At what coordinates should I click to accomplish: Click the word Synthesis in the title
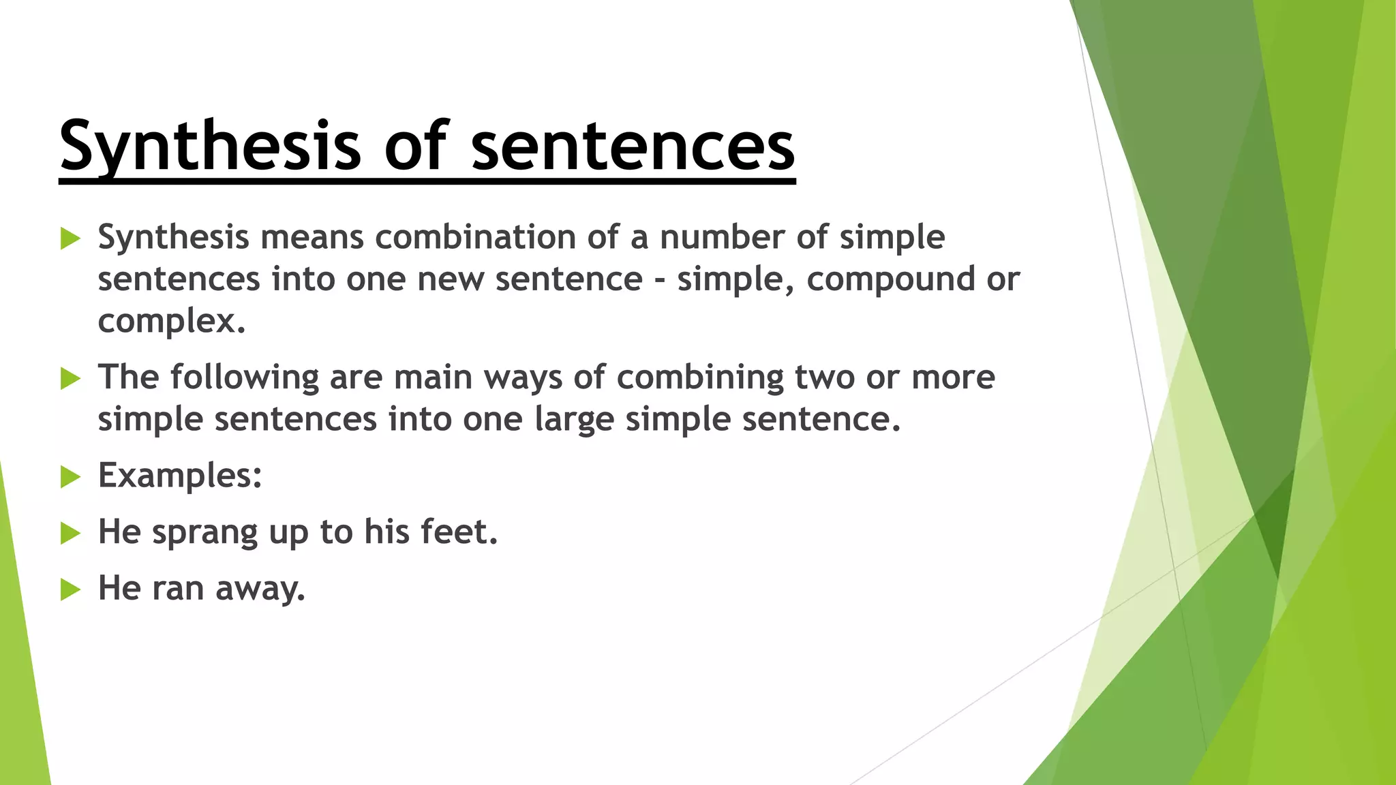click(x=209, y=146)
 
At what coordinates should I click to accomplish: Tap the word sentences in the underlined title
click(x=633, y=146)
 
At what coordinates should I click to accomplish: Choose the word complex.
click(x=171, y=321)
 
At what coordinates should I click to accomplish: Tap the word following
click(x=244, y=377)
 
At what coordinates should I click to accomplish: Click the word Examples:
click(x=180, y=475)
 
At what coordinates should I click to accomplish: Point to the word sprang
click(x=204, y=532)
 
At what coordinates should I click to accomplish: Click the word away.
click(x=260, y=588)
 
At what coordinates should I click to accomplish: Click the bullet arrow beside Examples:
click(x=70, y=476)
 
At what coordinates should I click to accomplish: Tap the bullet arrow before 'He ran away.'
click(x=70, y=589)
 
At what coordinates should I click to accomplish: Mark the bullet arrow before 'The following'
click(x=70, y=378)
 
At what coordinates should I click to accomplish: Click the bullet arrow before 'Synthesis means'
click(x=70, y=238)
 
